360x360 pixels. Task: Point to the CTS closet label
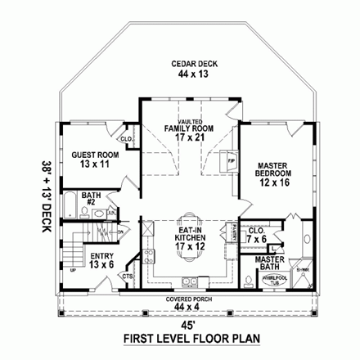click(128, 277)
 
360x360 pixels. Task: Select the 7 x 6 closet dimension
click(257, 240)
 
